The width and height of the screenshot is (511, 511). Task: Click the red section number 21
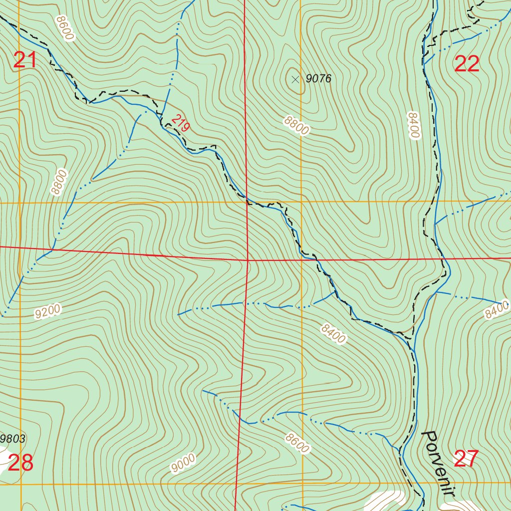click(25, 60)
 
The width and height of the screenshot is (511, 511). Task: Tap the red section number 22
click(467, 64)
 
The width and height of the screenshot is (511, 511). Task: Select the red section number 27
click(467, 459)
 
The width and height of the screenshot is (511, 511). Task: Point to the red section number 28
click(20, 464)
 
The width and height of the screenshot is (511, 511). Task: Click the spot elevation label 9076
click(319, 78)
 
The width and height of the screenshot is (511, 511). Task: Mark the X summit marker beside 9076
click(295, 79)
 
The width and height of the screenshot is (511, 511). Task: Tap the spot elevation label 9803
click(13, 439)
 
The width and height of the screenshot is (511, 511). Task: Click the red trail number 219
click(180, 123)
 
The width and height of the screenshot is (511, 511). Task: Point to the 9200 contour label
click(47, 311)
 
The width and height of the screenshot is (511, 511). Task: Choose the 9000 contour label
click(183, 463)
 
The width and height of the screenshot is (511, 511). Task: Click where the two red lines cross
click(248, 260)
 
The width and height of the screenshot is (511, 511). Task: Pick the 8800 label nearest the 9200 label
click(58, 182)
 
